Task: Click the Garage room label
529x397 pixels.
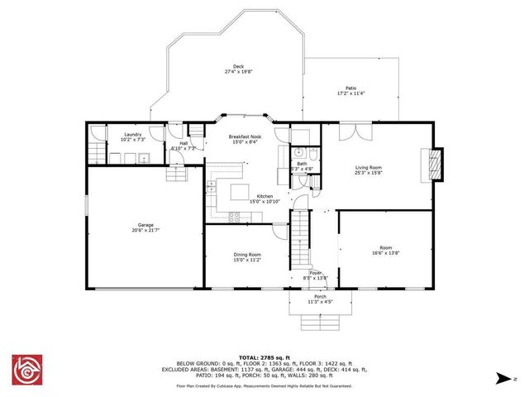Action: [x=134, y=224]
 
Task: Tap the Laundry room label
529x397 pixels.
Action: [x=132, y=134]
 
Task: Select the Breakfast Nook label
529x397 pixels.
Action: [x=238, y=136]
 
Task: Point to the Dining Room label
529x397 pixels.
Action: [x=247, y=255]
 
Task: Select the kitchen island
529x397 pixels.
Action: [x=240, y=193]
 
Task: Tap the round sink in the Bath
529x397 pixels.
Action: [x=298, y=153]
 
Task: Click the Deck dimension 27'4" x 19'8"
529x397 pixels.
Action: [x=238, y=72]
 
